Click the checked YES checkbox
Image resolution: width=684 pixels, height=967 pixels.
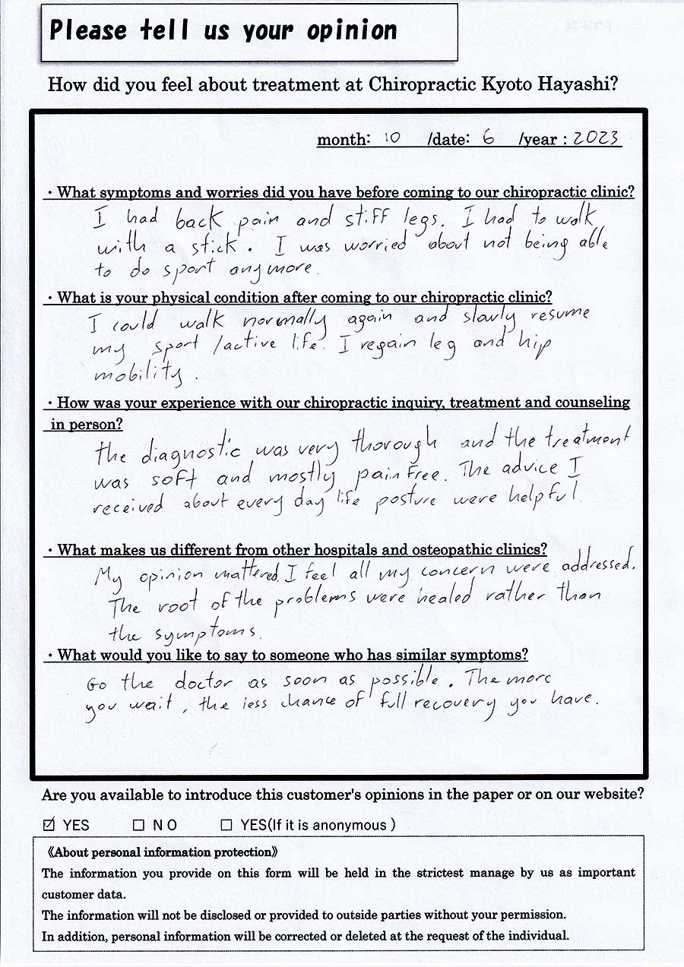(49, 824)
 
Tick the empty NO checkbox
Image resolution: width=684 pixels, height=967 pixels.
(138, 824)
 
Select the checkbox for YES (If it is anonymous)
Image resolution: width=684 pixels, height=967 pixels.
(226, 824)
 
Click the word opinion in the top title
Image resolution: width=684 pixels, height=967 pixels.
(351, 31)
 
